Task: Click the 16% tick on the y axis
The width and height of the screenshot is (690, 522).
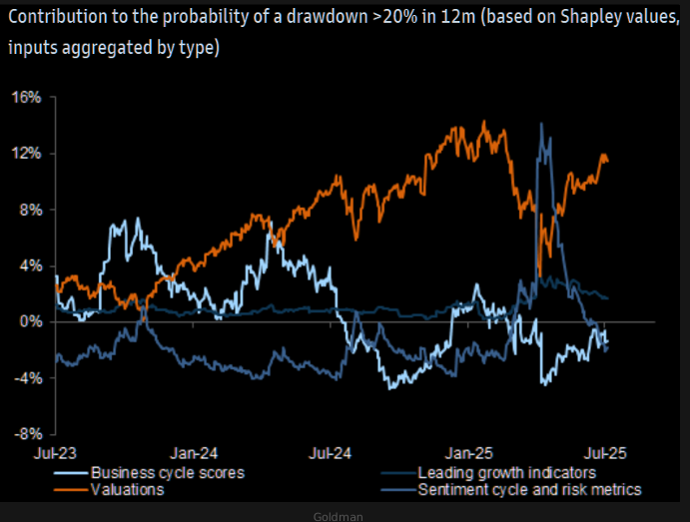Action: point(28,98)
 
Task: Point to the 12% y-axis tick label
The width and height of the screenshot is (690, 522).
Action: point(28,154)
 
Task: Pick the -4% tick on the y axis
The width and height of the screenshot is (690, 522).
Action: point(28,378)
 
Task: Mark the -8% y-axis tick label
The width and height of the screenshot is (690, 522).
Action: point(28,434)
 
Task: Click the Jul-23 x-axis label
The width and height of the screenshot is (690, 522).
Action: point(55,451)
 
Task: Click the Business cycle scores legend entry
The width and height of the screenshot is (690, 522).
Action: point(168,472)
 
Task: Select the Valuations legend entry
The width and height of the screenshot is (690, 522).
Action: point(128,489)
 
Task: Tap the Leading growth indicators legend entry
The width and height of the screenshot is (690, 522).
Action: point(508,472)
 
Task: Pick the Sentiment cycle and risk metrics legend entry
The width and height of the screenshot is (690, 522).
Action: point(530,489)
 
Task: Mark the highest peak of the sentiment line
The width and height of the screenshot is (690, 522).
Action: point(540,124)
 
